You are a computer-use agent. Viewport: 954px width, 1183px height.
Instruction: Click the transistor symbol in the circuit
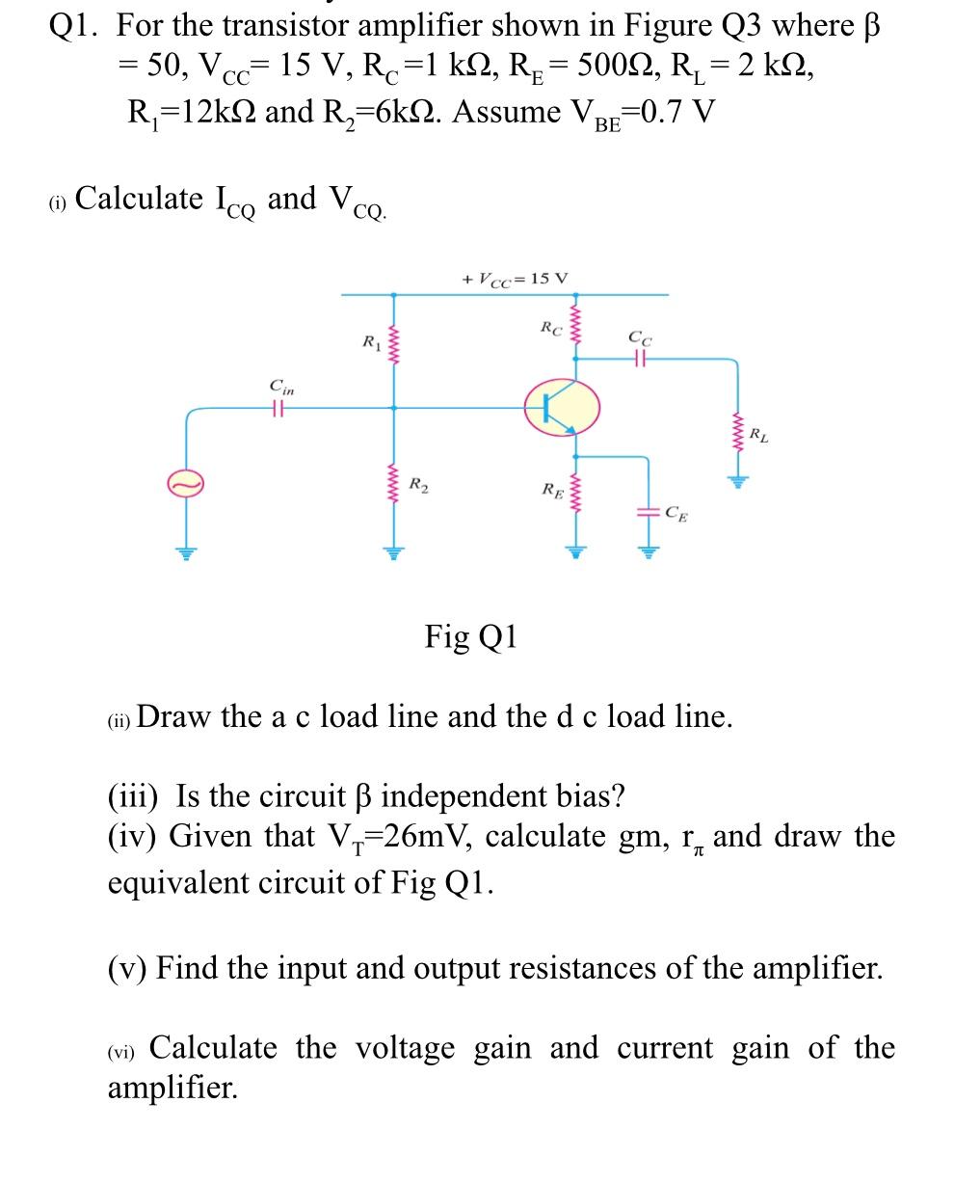[562, 408]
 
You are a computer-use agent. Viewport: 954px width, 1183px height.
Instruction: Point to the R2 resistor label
[419, 483]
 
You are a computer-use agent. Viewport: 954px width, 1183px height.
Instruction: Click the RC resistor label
[549, 328]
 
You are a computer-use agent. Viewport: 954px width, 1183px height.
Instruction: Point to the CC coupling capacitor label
[639, 338]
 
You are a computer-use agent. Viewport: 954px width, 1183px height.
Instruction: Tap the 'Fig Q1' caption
[471, 637]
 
